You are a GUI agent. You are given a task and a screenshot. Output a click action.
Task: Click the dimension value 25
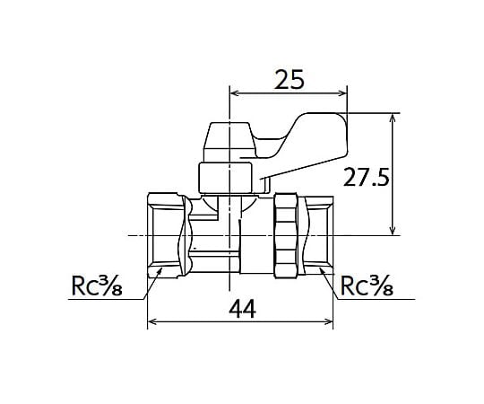point(290,79)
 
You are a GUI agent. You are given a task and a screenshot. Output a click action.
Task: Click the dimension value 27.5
point(366,177)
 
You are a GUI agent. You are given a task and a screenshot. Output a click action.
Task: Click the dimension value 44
point(242,310)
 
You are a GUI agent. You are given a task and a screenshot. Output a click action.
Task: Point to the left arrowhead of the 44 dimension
point(152,321)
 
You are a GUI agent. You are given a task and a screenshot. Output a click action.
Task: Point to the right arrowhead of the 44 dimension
point(328,321)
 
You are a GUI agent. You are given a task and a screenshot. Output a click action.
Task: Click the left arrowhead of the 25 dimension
point(236,93)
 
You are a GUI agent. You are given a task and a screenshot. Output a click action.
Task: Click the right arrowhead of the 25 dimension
point(342,93)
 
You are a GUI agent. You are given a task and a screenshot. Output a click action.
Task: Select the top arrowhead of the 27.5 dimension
point(393,119)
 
